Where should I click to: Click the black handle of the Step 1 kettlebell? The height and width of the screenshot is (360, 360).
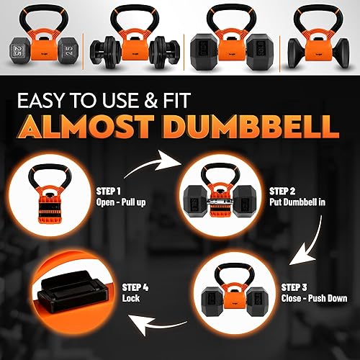tap(61, 175)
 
